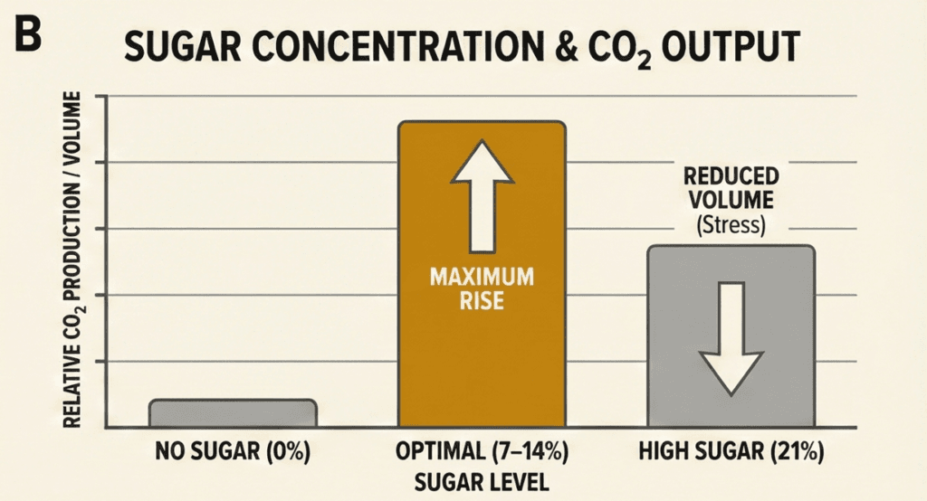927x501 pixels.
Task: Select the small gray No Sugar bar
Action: coord(233,413)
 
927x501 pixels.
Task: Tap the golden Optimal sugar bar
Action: coord(482,362)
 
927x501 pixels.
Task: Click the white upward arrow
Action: coord(482,194)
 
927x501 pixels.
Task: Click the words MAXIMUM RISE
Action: coord(482,286)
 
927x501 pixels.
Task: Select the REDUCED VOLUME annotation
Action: coord(732,187)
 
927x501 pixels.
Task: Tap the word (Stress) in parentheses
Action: coord(732,225)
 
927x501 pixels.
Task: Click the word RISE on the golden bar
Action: coord(482,298)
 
